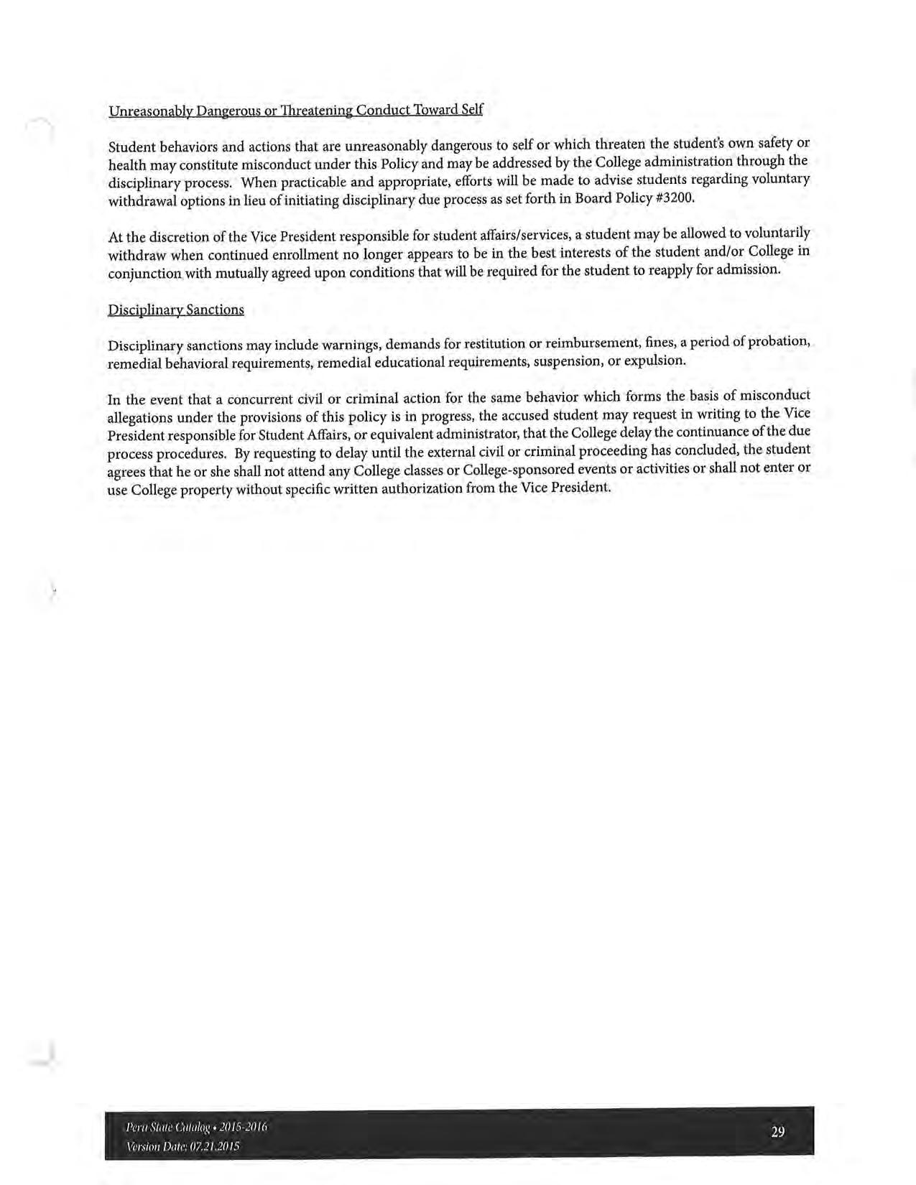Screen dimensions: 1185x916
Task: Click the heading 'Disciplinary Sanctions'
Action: point(175,310)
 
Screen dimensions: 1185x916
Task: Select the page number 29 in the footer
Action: point(777,1132)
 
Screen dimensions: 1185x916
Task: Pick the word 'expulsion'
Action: point(654,360)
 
